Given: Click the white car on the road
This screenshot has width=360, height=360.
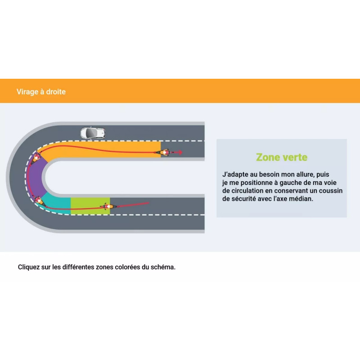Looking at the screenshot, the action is click(93, 133).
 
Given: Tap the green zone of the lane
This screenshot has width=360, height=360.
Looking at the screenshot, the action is click(90, 206).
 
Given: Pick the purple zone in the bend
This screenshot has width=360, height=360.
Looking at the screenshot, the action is click(36, 177).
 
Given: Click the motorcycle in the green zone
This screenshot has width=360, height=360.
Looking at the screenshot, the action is click(108, 207).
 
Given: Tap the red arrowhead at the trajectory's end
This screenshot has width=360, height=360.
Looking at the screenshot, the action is click(181, 152).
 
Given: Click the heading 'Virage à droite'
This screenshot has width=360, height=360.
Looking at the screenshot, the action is click(41, 92).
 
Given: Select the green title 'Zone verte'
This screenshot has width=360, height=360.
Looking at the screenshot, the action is click(282, 157).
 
